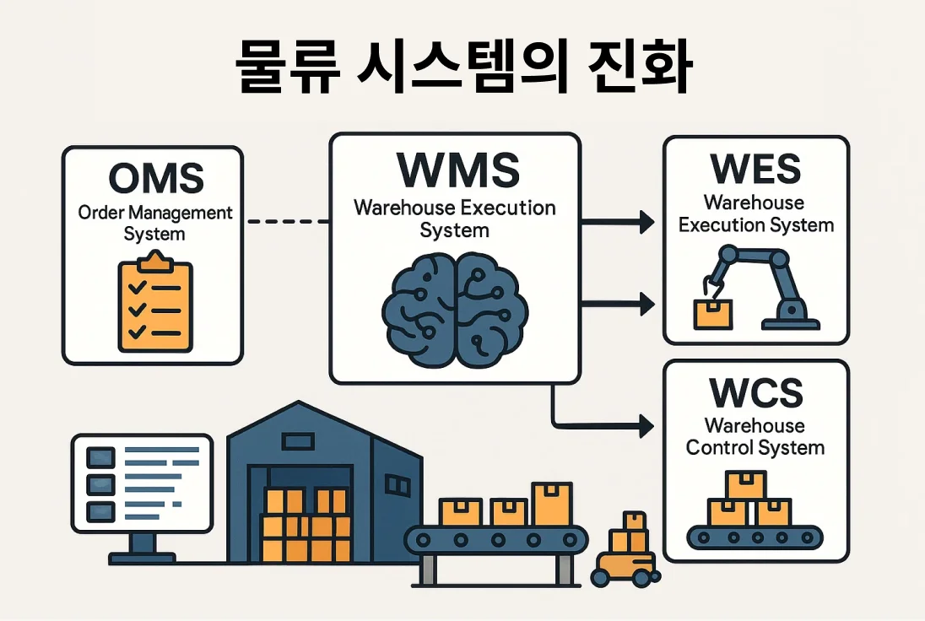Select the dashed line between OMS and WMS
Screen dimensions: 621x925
[x=287, y=221]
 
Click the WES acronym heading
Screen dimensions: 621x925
[x=755, y=170]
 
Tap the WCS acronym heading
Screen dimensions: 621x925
[x=755, y=393]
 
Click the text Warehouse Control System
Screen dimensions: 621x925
[x=755, y=436]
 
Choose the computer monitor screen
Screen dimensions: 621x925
[x=142, y=483]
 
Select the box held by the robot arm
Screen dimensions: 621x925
[x=713, y=314]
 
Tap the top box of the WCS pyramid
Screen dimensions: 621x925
[x=746, y=485]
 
